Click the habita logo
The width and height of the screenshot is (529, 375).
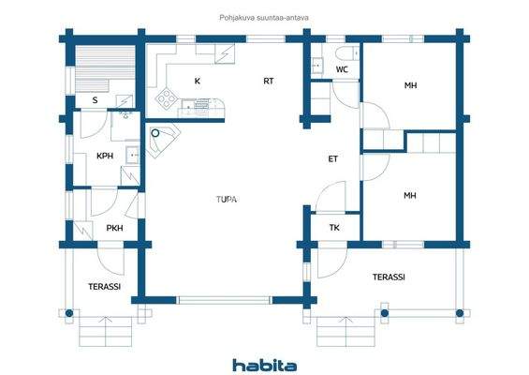click(x=264, y=364)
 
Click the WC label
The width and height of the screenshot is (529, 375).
click(x=342, y=69)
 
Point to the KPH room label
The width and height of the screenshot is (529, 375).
click(x=105, y=157)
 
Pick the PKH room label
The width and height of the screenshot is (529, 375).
click(x=114, y=228)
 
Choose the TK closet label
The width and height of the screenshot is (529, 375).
click(x=334, y=228)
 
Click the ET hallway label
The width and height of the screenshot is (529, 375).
click(x=332, y=158)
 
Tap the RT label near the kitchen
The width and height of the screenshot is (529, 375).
click(x=268, y=82)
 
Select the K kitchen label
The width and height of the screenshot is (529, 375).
click(x=197, y=82)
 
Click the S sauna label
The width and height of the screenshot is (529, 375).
click(x=96, y=99)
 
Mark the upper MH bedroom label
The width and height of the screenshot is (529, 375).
click(x=410, y=86)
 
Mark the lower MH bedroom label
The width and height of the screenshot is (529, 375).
click(x=409, y=195)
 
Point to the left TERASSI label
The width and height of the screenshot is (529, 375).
click(x=104, y=286)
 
